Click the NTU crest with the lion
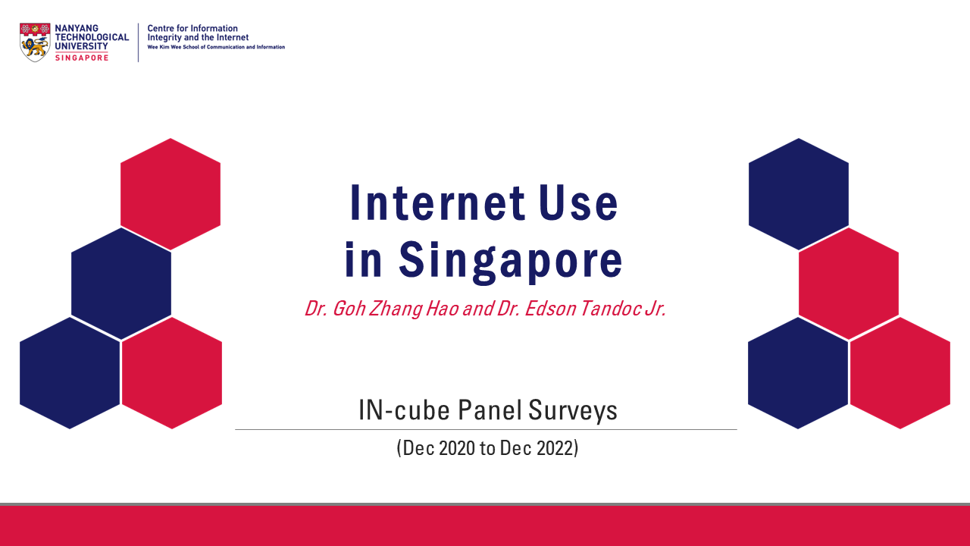pos(35,42)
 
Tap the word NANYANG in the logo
pos(77,28)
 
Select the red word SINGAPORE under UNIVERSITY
pos(82,58)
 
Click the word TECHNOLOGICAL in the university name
pos(92,37)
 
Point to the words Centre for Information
pos(192,28)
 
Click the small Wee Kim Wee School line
pos(216,47)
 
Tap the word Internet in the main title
pos(437,202)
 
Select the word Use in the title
pos(578,202)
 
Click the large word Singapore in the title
pos(511,262)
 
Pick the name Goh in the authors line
pos(349,309)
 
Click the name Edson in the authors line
pos(550,309)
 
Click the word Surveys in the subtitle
pos(573,411)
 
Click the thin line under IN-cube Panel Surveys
pos(486,429)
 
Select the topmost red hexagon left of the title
pos(171,194)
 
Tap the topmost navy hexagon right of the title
pos(799,194)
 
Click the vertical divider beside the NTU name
pos(139,42)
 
